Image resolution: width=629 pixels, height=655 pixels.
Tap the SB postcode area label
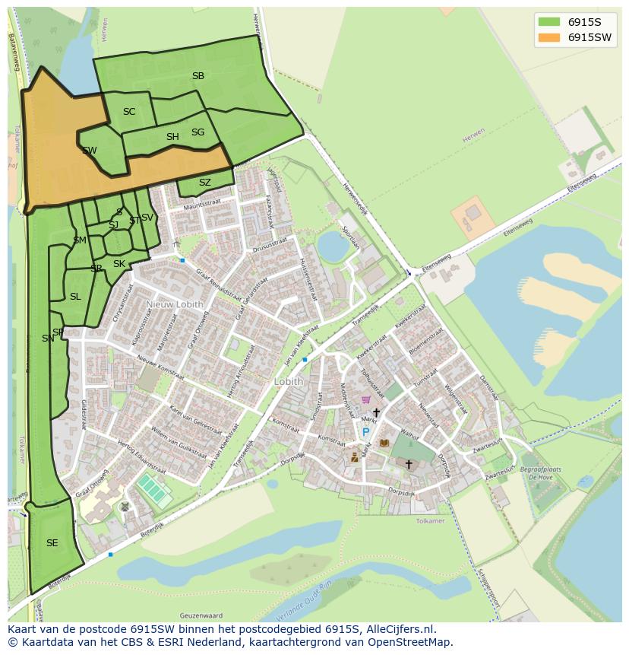pyautogui.click(x=198, y=76)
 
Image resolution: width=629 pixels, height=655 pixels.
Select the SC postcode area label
pyautogui.click(x=129, y=112)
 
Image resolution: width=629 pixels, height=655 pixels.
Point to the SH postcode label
pyautogui.click(x=172, y=137)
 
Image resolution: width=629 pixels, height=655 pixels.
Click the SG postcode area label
pyautogui.click(x=198, y=132)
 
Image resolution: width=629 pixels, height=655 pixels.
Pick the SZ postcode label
pyautogui.click(x=205, y=183)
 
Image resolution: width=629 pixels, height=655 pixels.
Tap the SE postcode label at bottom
pyautogui.click(x=52, y=543)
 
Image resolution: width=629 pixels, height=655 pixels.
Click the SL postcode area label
pyautogui.click(x=75, y=297)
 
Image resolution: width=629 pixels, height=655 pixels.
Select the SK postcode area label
pyautogui.click(x=119, y=264)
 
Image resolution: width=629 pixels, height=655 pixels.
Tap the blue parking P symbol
pyautogui.click(x=365, y=433)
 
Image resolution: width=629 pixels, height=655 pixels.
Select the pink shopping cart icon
pyautogui.click(x=365, y=399)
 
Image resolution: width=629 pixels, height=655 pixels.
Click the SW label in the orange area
pyautogui.click(x=90, y=151)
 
